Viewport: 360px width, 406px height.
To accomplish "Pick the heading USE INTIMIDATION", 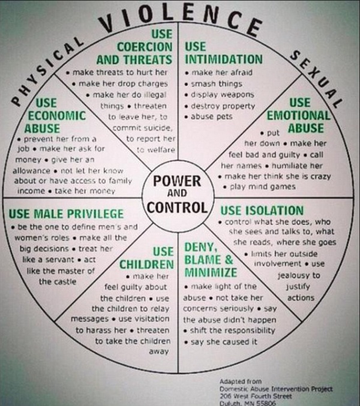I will (x=223, y=53).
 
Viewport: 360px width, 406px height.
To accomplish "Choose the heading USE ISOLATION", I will (x=262, y=210).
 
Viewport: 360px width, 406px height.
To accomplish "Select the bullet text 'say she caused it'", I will (x=223, y=342).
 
